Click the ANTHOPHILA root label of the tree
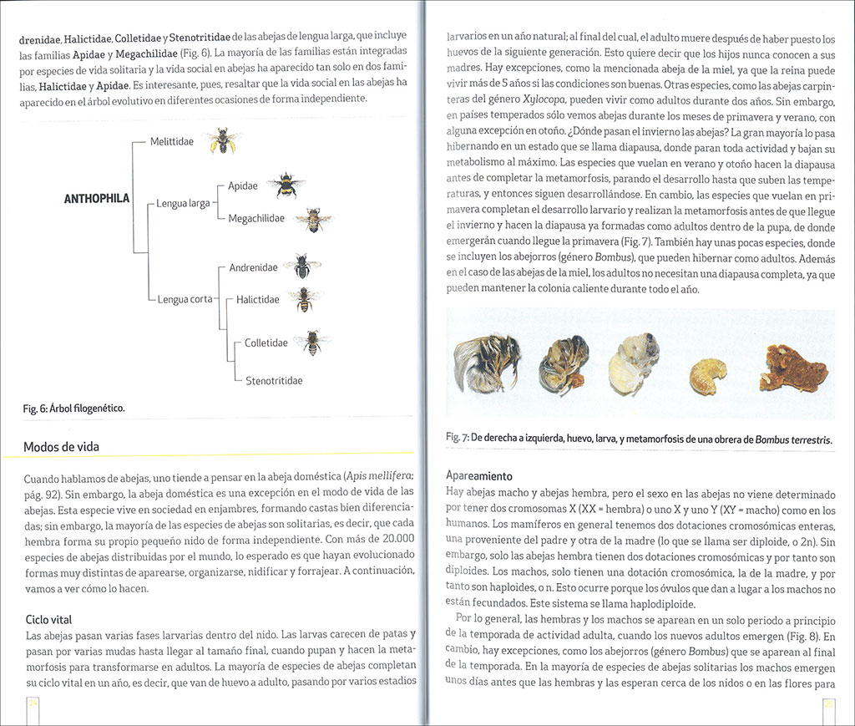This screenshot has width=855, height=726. [97, 199]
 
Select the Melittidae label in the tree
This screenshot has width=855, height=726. [172, 142]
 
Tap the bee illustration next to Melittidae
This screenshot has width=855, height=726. [222, 140]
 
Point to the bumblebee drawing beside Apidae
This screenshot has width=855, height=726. [286, 185]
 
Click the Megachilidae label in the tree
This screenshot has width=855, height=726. [256, 219]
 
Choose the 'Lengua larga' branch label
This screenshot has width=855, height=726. [183, 203]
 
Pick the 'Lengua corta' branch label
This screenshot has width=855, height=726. [185, 299]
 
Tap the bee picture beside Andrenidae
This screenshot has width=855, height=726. [301, 267]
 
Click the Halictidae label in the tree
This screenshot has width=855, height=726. [257, 299]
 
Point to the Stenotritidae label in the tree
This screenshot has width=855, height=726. [274, 381]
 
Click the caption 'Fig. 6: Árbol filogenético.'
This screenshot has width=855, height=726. [74, 409]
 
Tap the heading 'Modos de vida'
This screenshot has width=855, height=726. [61, 447]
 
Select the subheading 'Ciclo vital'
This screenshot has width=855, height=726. [48, 620]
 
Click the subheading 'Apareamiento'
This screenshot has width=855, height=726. [479, 475]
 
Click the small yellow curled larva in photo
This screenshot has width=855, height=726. [707, 376]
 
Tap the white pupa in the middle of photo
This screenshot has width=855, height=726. [634, 363]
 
